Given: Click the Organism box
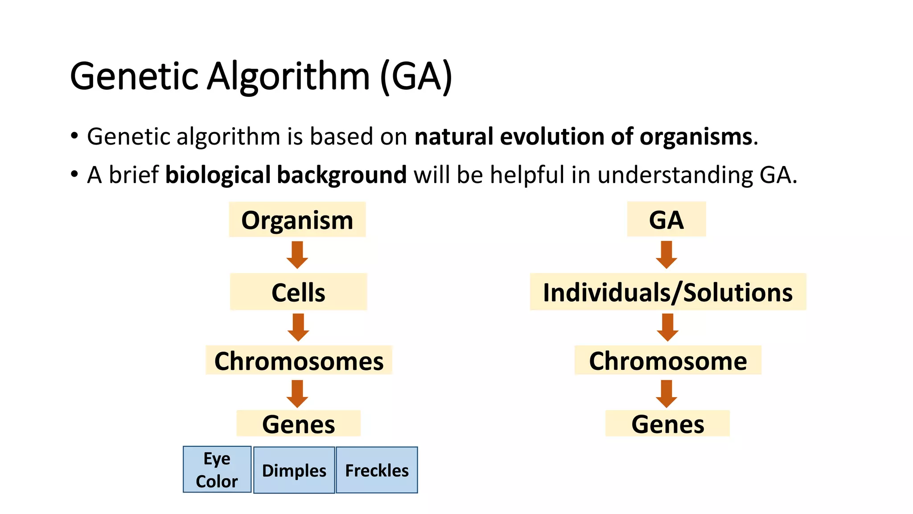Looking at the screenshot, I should (x=297, y=220).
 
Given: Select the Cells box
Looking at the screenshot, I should (x=298, y=292).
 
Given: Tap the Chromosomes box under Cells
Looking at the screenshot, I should (x=299, y=360).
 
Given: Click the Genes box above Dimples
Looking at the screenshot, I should (x=298, y=423).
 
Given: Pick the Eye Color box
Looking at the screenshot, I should (x=217, y=469).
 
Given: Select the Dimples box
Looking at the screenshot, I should (x=294, y=470).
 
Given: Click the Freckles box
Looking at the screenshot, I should (x=377, y=470).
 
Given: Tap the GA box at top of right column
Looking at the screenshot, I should (x=666, y=219).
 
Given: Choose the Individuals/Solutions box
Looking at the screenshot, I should (x=668, y=292).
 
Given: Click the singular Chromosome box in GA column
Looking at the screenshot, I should (x=668, y=360).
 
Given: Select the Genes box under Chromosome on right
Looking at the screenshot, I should (x=667, y=423).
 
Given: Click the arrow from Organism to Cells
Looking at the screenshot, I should (x=297, y=255).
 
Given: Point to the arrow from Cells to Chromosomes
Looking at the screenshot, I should (x=298, y=327).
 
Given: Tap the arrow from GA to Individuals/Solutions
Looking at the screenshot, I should (x=666, y=255).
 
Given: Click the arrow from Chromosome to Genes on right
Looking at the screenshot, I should (x=666, y=394).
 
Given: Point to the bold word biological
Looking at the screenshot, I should (x=218, y=175).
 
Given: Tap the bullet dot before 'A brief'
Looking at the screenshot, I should (x=74, y=174).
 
